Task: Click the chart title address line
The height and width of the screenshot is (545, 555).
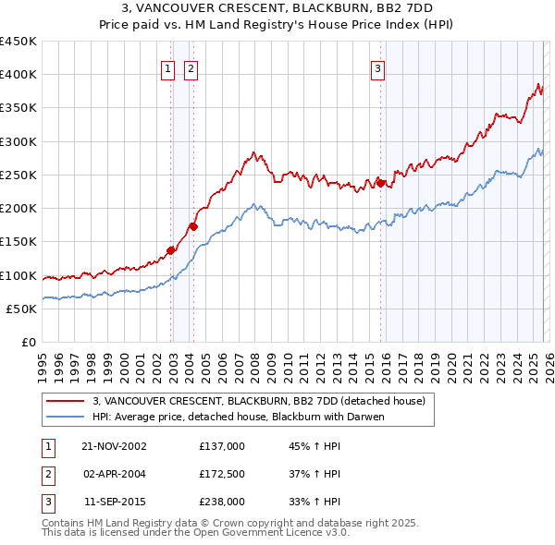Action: click(x=277, y=7)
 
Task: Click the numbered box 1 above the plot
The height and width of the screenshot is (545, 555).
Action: click(x=167, y=67)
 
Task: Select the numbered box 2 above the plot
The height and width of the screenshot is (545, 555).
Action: click(x=191, y=67)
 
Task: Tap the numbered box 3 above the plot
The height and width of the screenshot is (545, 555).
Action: click(x=378, y=67)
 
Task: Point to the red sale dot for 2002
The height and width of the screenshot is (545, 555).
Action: click(x=171, y=249)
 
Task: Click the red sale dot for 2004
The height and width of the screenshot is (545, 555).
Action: click(x=193, y=225)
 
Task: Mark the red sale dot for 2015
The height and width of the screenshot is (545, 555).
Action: click(x=380, y=183)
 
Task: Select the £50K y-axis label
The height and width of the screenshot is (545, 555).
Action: click(x=22, y=309)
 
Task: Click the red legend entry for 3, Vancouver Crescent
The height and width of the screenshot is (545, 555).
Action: click(x=258, y=401)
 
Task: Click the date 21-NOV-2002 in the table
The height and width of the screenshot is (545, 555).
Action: click(x=114, y=446)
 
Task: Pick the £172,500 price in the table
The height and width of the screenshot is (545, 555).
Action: click(x=222, y=474)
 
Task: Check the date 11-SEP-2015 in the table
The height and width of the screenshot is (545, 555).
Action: click(x=114, y=502)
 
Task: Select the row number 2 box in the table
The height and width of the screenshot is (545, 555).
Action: click(x=46, y=474)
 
